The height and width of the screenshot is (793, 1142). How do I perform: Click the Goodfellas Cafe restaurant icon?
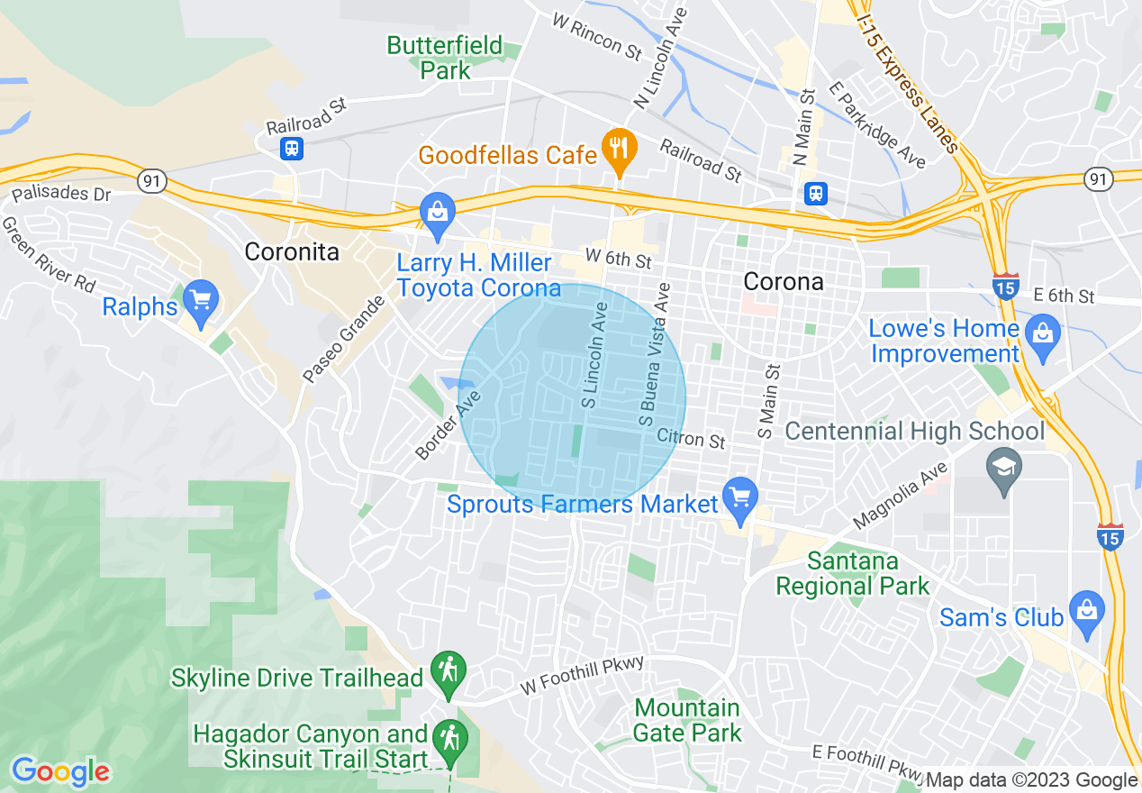click(x=619, y=148)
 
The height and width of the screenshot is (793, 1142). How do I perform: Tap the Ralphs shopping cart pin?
click(x=200, y=299)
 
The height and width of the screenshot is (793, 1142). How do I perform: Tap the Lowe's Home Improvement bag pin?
click(x=1042, y=333)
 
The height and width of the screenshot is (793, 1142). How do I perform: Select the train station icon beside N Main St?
click(x=816, y=194)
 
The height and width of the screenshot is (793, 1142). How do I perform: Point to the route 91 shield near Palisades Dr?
click(x=151, y=182)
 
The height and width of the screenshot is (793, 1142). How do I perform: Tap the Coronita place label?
click(x=292, y=251)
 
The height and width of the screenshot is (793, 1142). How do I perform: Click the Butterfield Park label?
click(x=444, y=57)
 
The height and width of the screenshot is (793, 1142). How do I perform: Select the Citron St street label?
click(x=691, y=439)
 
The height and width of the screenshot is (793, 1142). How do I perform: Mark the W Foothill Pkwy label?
click(x=583, y=676)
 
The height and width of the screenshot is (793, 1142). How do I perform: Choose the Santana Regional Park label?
click(x=852, y=574)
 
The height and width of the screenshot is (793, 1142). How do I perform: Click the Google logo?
click(x=60, y=771)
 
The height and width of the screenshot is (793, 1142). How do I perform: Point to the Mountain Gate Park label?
click(x=687, y=720)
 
